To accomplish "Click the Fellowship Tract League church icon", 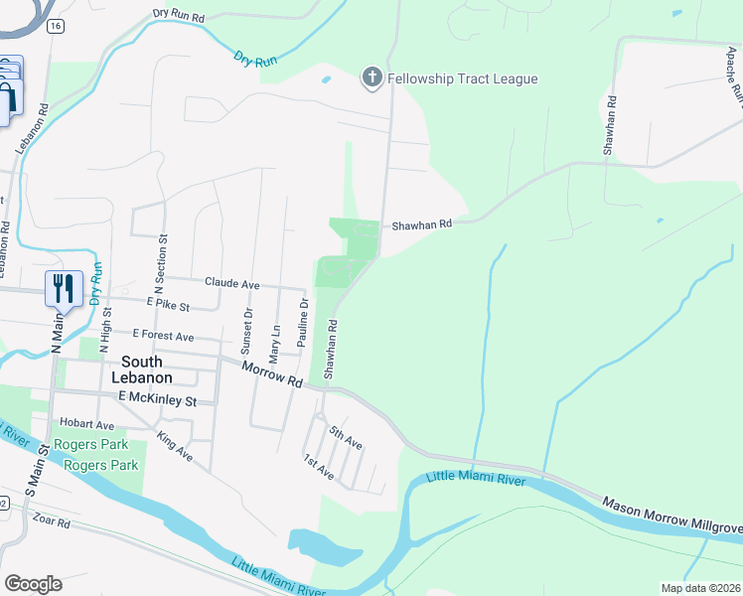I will point(372,78).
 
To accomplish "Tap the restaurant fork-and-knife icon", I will point(63,288).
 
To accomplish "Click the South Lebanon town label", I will point(147,370).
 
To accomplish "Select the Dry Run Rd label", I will point(179,17).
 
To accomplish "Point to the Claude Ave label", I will point(231,284).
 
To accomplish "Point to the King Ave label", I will point(176,448).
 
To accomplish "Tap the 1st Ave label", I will point(318,467).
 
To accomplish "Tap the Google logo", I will point(33,584).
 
